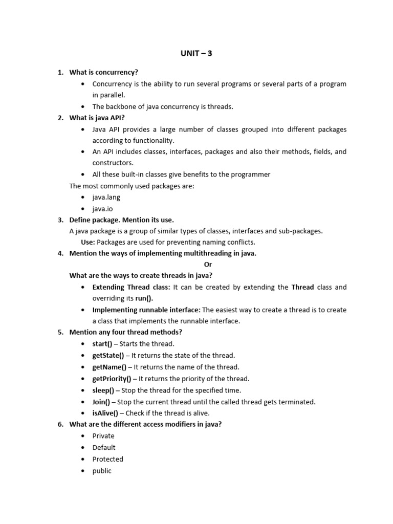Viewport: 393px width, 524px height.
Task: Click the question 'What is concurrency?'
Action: [104, 73]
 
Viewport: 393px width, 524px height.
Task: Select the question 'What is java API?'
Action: [97, 118]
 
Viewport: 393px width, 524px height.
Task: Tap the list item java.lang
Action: [106, 197]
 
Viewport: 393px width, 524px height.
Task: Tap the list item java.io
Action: [102, 208]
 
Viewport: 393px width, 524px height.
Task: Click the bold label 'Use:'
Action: [88, 242]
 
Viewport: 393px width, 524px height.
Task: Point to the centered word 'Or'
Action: [208, 265]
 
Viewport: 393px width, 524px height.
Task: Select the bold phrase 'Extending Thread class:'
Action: [132, 287]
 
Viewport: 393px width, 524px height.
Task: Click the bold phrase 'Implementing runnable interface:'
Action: [146, 310]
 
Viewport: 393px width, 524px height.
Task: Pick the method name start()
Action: [102, 344]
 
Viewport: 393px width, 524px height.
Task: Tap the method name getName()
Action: [109, 367]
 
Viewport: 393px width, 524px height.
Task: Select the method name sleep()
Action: [103, 390]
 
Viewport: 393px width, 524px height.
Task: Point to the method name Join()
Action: [101, 402]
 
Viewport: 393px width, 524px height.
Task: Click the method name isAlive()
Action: [105, 413]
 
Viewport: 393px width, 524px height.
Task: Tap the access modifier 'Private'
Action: [103, 436]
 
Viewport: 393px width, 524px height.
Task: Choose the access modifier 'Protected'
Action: [107, 459]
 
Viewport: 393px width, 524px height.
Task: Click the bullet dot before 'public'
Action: [82, 471]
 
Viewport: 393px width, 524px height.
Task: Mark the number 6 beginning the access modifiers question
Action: [60, 424]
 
